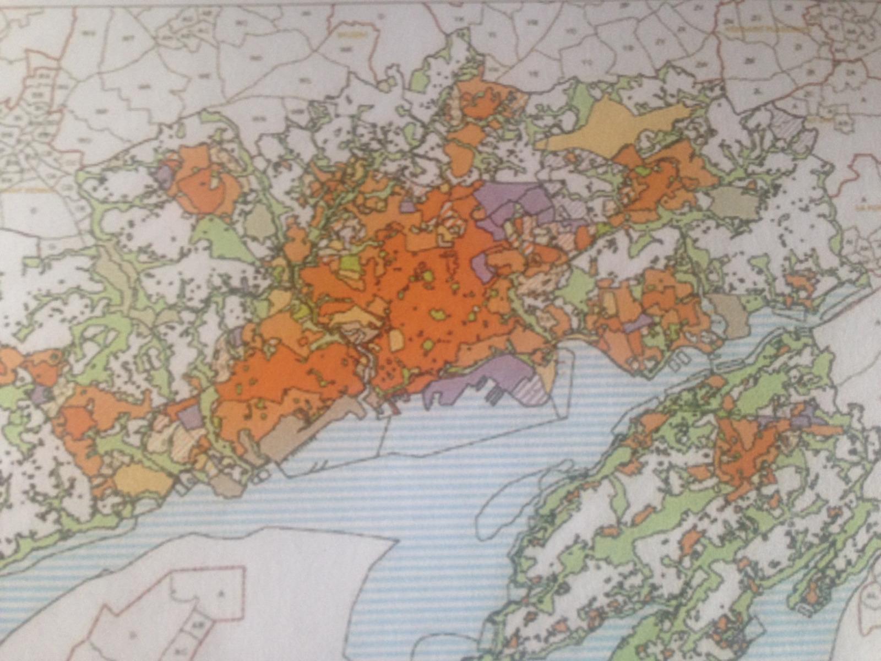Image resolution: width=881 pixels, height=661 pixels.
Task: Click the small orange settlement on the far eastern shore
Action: coord(801,284)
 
